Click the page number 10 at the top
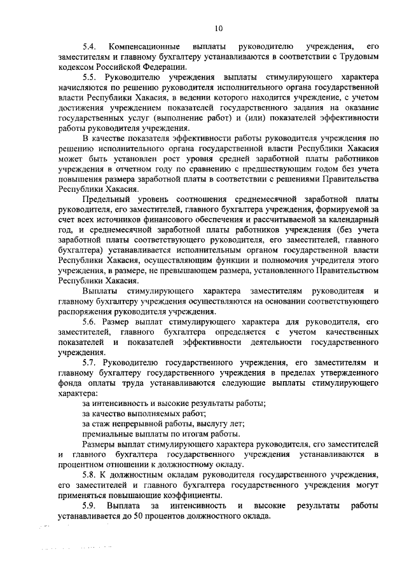pos(219,28)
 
